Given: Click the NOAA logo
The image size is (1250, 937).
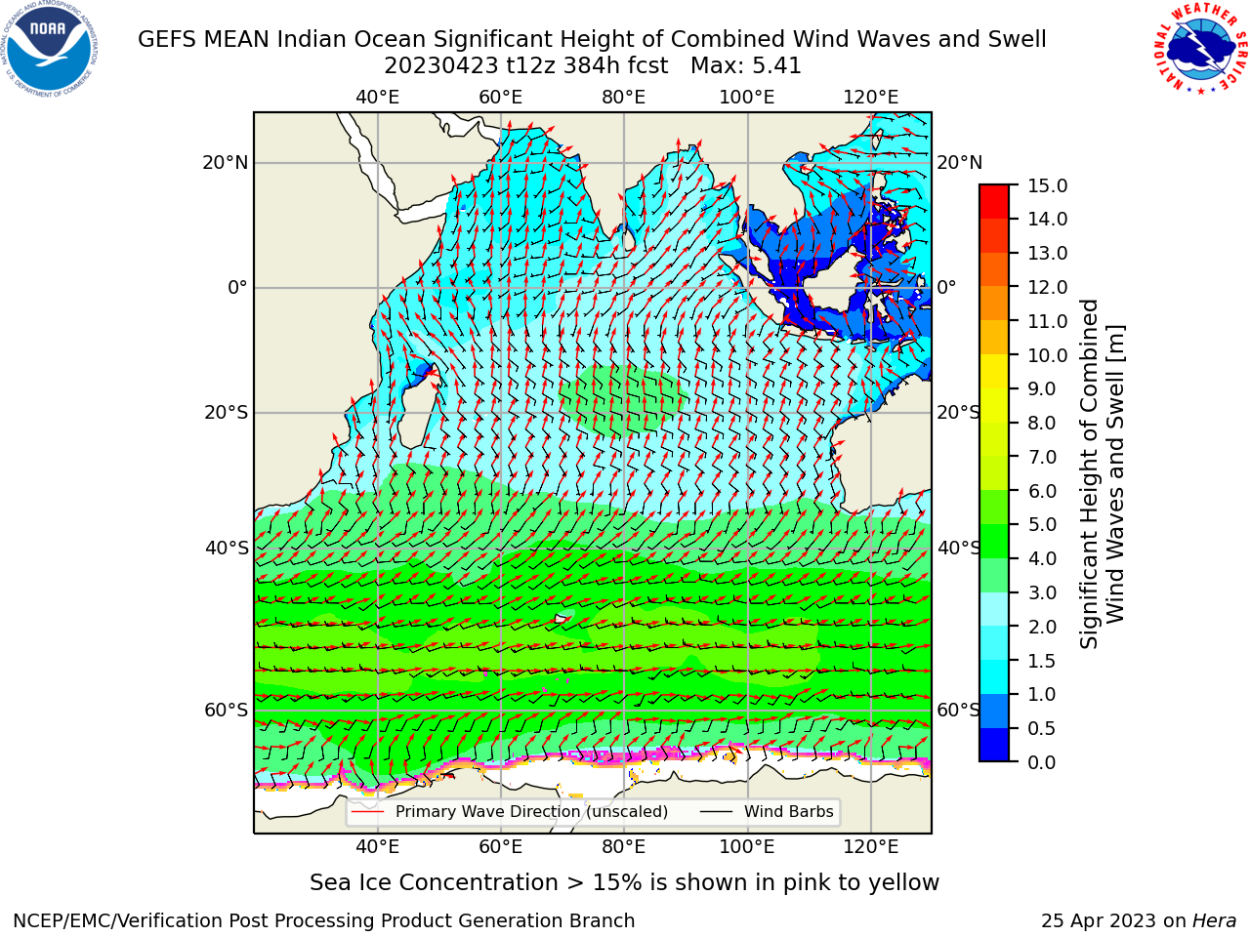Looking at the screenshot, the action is click(x=50, y=49).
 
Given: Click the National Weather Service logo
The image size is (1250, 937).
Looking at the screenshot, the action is click(x=1200, y=48).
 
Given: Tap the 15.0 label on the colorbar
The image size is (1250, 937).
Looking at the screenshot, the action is click(x=1047, y=186).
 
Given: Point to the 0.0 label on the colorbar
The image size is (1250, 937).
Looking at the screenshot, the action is click(x=1042, y=762).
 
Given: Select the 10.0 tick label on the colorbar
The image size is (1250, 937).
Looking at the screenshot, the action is click(x=1047, y=355).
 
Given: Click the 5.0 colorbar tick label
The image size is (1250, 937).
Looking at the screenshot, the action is click(x=1042, y=524).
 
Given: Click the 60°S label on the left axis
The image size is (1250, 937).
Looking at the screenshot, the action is click(x=227, y=710).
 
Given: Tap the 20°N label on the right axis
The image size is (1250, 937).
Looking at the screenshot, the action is click(x=960, y=163).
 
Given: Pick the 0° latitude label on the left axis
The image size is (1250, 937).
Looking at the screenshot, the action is click(x=237, y=287).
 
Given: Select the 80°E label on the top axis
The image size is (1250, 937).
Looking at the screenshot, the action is click(x=624, y=98).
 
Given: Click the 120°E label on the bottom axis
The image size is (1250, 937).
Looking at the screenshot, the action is click(x=871, y=847).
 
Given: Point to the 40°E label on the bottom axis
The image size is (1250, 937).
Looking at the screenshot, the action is click(x=377, y=847).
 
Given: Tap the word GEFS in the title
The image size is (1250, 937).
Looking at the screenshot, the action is click(x=169, y=40).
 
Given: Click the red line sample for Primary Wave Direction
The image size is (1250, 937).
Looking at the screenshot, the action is click(x=368, y=811).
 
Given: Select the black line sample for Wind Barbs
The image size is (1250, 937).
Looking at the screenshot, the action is click(x=716, y=811).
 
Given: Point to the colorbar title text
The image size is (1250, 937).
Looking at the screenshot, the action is click(x=1102, y=474).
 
